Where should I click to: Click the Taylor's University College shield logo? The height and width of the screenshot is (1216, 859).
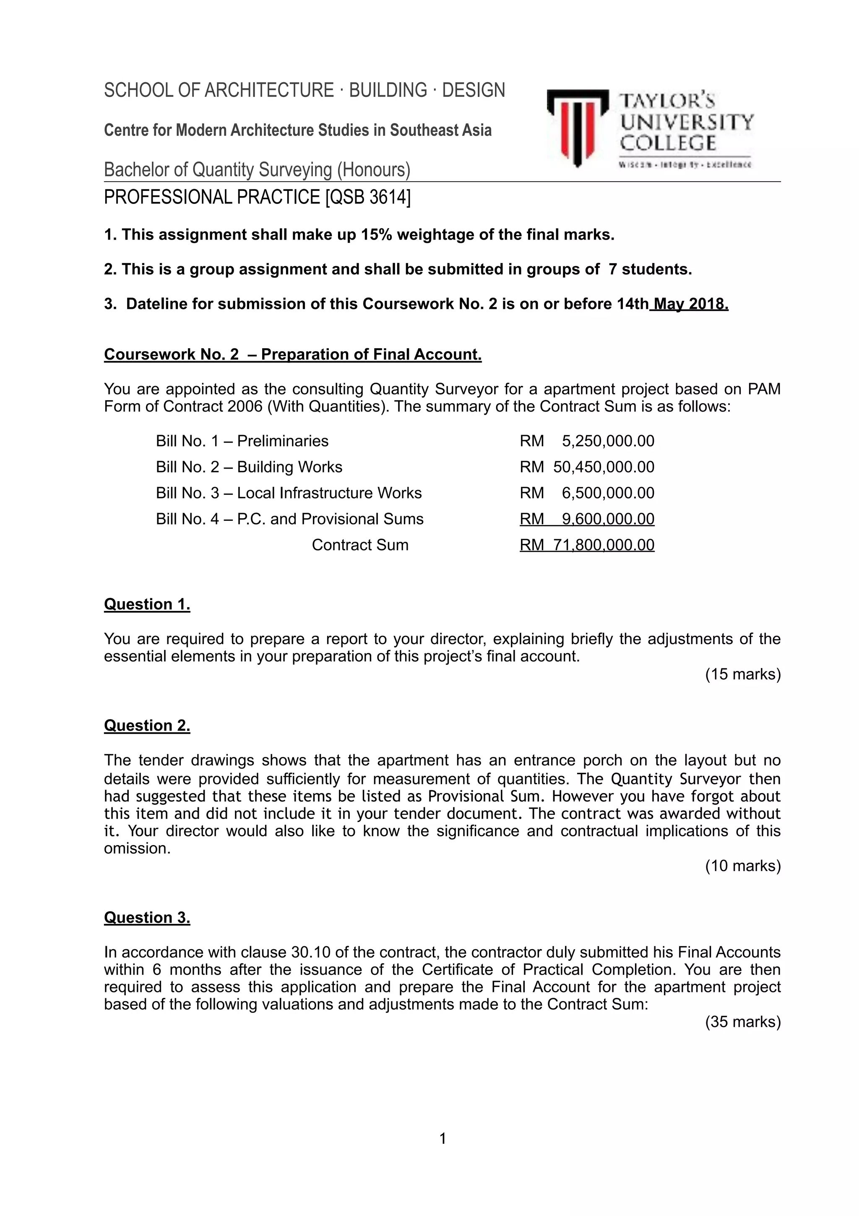pyautogui.click(x=578, y=128)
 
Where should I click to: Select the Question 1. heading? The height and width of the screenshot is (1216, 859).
pyautogui.click(x=147, y=604)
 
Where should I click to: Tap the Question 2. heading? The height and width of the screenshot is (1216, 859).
pyautogui.click(x=147, y=725)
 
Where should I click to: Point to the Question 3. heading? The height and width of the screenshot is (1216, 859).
pyautogui.click(x=147, y=917)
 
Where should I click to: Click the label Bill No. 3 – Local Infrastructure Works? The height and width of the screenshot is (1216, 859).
pyautogui.click(x=289, y=493)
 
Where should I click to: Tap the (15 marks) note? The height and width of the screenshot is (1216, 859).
pyautogui.click(x=742, y=674)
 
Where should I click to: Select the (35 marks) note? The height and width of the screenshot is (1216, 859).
pyautogui.click(x=742, y=1022)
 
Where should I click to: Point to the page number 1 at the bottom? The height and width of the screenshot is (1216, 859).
pyautogui.click(x=443, y=1138)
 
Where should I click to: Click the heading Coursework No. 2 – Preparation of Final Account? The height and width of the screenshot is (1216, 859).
pyautogui.click(x=293, y=354)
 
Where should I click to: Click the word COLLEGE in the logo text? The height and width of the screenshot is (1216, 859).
pyautogui.click(x=668, y=143)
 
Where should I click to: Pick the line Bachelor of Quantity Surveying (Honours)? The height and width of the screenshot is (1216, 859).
pyautogui.click(x=257, y=170)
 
